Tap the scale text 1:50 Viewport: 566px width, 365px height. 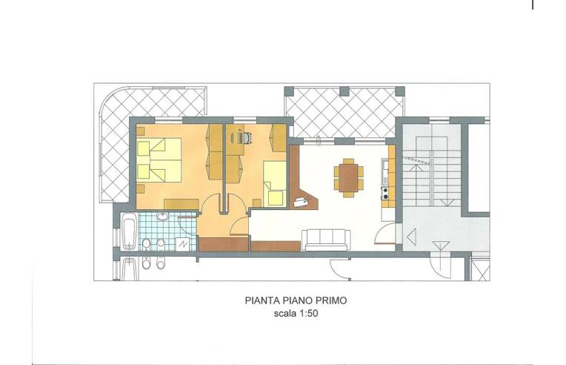pos(307,313)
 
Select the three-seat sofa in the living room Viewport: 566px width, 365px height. pos(326,240)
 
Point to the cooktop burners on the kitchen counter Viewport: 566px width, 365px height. pos(385,193)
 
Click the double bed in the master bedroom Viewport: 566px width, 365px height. pos(159,160)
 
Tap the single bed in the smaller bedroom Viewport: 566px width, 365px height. pos(275,183)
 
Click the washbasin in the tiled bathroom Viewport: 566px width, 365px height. pos(163,217)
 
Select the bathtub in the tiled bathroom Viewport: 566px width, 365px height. pos(129,231)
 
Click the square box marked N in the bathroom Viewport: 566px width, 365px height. pos(183,244)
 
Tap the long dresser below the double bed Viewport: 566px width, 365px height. pos(182,204)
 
